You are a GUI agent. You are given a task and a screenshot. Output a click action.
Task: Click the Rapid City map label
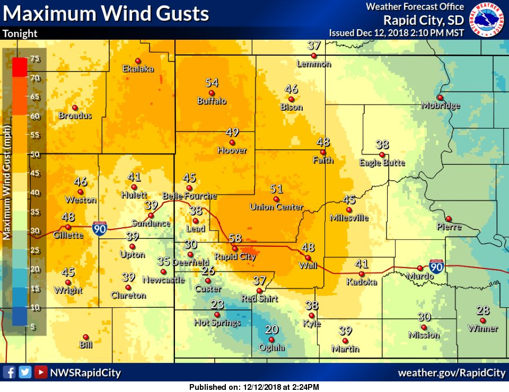[235, 257]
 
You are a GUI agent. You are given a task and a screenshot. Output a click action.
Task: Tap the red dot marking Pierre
[449, 218]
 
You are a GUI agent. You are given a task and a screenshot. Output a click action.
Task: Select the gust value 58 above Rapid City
[235, 239]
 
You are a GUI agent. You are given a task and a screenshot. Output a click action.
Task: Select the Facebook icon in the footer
[9, 372]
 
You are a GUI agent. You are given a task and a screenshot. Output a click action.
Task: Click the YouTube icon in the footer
[40, 372]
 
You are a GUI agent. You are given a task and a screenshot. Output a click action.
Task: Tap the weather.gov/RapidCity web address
[452, 373]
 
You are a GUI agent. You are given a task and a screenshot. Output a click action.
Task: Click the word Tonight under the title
[20, 33]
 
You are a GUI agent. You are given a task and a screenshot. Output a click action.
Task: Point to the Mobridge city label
[441, 105]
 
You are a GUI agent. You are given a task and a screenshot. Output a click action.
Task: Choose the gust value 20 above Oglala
[271, 329]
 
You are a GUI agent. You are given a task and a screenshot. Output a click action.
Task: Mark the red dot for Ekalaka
[138, 60]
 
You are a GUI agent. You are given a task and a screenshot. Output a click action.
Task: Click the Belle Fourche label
[189, 196]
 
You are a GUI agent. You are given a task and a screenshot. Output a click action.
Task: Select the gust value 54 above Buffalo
[212, 83]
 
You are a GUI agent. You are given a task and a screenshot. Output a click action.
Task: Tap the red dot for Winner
[483, 320]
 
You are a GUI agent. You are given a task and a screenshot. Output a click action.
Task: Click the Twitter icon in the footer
[25, 372]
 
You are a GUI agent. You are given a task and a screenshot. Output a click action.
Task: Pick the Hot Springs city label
[217, 323]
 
